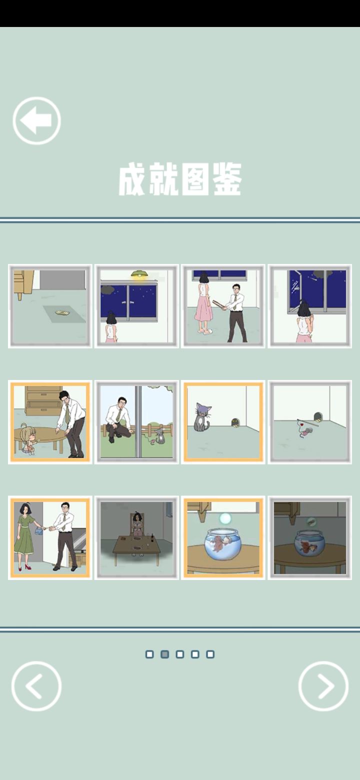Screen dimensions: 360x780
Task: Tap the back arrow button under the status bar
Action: pyautogui.click(x=36, y=120)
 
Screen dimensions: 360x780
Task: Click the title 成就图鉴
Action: pyautogui.click(x=180, y=179)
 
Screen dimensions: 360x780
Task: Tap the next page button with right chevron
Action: pyautogui.click(x=323, y=685)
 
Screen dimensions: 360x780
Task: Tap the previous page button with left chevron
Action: pyautogui.click(x=36, y=685)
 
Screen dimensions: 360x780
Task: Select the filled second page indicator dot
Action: pyautogui.click(x=164, y=654)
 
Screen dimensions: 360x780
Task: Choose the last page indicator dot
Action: pyautogui.click(x=210, y=654)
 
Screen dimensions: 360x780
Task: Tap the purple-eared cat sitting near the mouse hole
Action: pyautogui.click(x=201, y=417)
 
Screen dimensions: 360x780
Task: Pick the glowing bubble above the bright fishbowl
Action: pyautogui.click(x=225, y=519)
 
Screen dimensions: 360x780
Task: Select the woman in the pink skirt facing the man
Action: pyautogui.click(x=203, y=303)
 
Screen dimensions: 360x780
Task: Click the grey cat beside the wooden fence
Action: pyautogui.click(x=159, y=436)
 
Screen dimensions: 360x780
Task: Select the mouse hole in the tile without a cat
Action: pyautogui.click(x=318, y=417)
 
